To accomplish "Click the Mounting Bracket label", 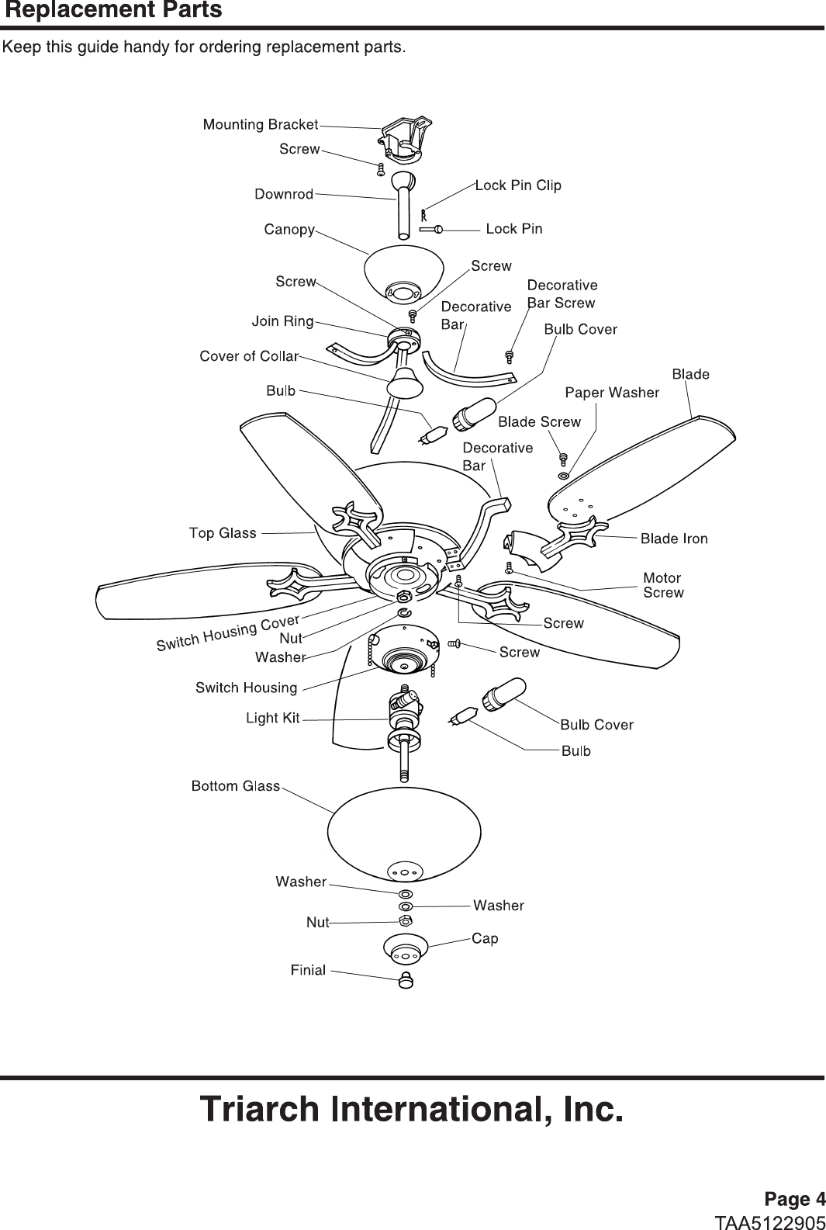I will pos(260,124).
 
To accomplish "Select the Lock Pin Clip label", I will pos(518,185).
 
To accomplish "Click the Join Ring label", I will pos(282,320).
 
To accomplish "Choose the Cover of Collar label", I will pos(249,356).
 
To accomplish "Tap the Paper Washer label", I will pos(612,393).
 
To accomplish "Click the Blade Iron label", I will pos(674,538).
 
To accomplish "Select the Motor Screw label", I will pos(663,585).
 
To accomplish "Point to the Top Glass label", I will pos(223,532).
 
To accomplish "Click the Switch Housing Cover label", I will pos(228,633).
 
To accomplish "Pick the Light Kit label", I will pos(272,718).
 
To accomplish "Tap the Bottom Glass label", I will pos(236,786).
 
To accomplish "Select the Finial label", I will pos(308,969).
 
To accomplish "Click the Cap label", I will pos(485,938).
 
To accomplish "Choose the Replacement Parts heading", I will pos(113,10).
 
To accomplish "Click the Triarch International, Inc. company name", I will pos(412,1109).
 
